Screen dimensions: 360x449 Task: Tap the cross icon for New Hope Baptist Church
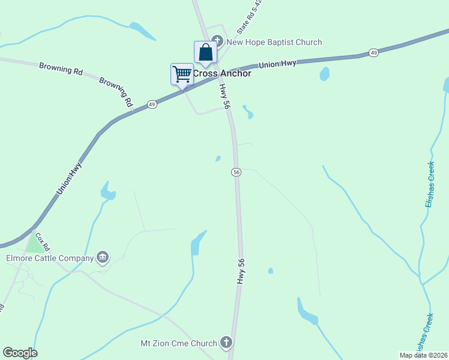coord(218,41)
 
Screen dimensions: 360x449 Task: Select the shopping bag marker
coord(205,52)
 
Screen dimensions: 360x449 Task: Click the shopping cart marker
coord(182,75)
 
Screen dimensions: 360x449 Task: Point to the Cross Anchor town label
coord(221,74)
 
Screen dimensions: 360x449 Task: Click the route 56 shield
coord(237,172)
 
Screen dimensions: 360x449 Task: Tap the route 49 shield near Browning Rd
coord(152,104)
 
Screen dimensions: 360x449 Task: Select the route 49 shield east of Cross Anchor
coord(373,53)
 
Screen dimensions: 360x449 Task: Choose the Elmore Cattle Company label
coord(50,258)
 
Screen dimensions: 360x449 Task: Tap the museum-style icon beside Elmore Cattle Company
coord(103,257)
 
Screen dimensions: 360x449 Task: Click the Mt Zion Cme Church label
coord(178,344)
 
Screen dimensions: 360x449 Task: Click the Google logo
coord(20,352)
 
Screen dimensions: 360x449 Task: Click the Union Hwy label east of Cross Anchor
coord(277,64)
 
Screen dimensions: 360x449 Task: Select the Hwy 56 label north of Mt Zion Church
coord(242,269)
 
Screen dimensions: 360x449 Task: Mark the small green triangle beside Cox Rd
coord(36,244)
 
